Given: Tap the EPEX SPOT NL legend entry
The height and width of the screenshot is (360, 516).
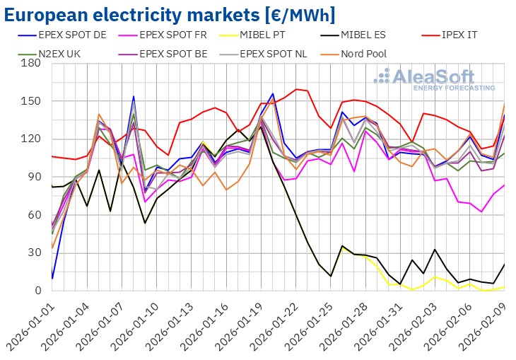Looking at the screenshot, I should pyautogui.click(x=279, y=53).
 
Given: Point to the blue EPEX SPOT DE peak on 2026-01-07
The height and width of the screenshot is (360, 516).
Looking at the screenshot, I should pyautogui.click(x=134, y=96).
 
